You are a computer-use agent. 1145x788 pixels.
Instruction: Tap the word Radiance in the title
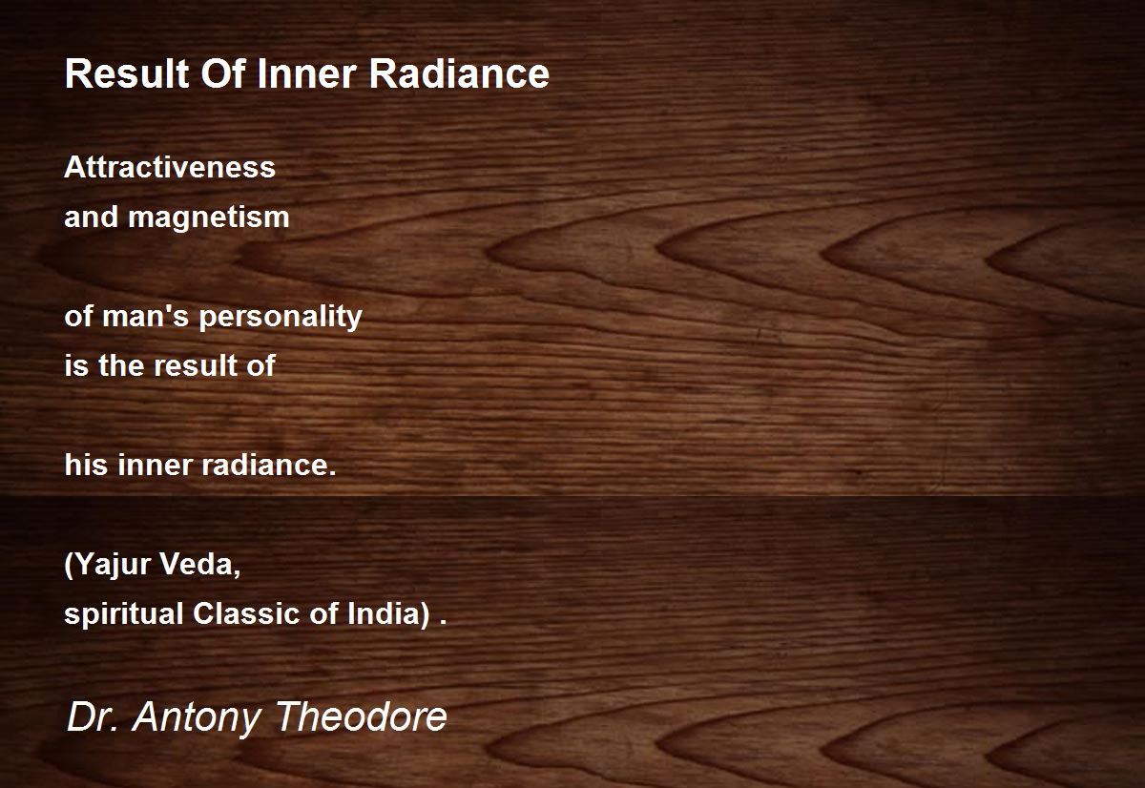coord(459,73)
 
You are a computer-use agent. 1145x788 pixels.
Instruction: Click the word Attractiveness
coord(170,167)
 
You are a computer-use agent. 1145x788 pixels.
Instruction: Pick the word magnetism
coord(209,218)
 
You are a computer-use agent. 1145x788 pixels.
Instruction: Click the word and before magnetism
coord(91,217)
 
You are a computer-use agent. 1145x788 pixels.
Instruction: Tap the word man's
coord(146,316)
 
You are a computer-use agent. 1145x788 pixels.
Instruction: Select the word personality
coord(281,318)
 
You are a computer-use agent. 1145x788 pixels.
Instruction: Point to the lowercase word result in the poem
coord(196,365)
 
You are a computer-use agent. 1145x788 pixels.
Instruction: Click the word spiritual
coord(124,614)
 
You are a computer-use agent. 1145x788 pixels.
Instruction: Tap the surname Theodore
coord(362,716)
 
